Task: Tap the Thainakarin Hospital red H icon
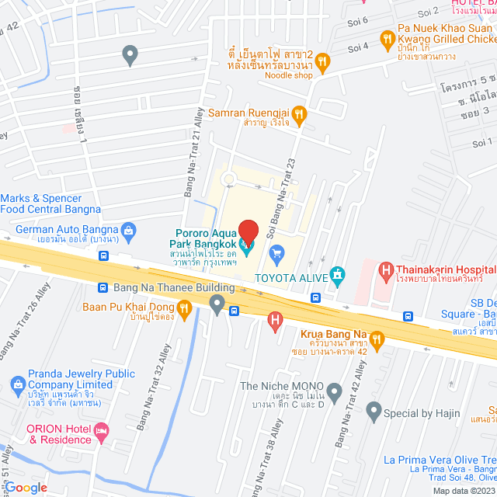point(384,269)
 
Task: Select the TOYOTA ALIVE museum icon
point(336,274)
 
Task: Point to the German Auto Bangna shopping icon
point(130,230)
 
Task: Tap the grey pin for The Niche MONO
point(335,390)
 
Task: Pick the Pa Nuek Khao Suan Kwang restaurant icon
point(386,37)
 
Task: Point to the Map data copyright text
point(464,491)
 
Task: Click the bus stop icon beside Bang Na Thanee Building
point(103,287)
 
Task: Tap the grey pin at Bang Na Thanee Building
point(217,302)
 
